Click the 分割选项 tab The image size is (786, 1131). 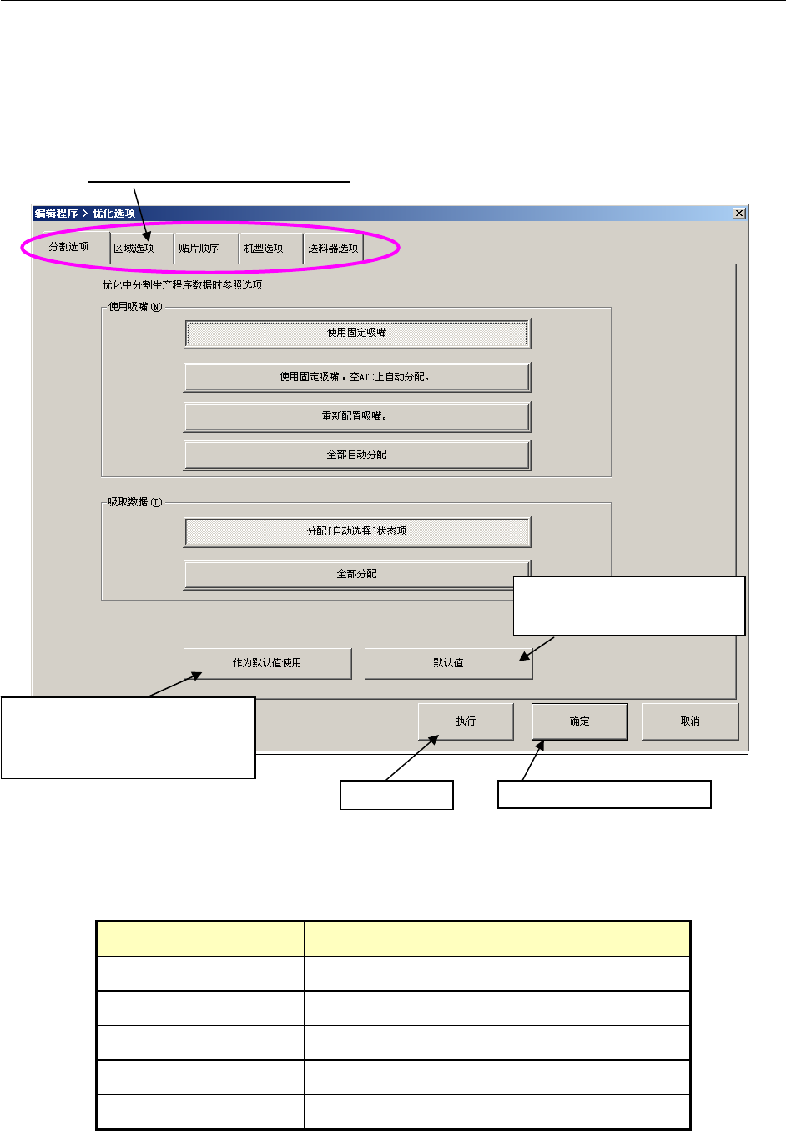click(68, 247)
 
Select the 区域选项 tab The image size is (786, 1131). click(134, 248)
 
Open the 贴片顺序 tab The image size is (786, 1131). click(199, 248)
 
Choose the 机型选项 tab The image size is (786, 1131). click(263, 248)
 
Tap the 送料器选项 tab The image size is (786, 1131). click(333, 248)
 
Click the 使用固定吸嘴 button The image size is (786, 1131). click(356, 333)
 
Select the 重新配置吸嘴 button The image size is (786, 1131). click(356, 416)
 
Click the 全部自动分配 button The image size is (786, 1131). click(356, 455)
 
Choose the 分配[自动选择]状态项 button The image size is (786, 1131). click(356, 531)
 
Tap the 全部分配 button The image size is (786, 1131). click(356, 574)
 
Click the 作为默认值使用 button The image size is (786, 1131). click(267, 663)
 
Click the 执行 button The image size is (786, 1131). click(466, 721)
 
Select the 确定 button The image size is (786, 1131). click(579, 721)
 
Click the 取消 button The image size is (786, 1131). click(690, 721)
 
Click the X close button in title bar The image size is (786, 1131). click(738, 214)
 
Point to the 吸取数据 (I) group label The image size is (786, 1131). click(135, 502)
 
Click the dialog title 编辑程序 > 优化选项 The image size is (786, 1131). click(84, 214)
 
